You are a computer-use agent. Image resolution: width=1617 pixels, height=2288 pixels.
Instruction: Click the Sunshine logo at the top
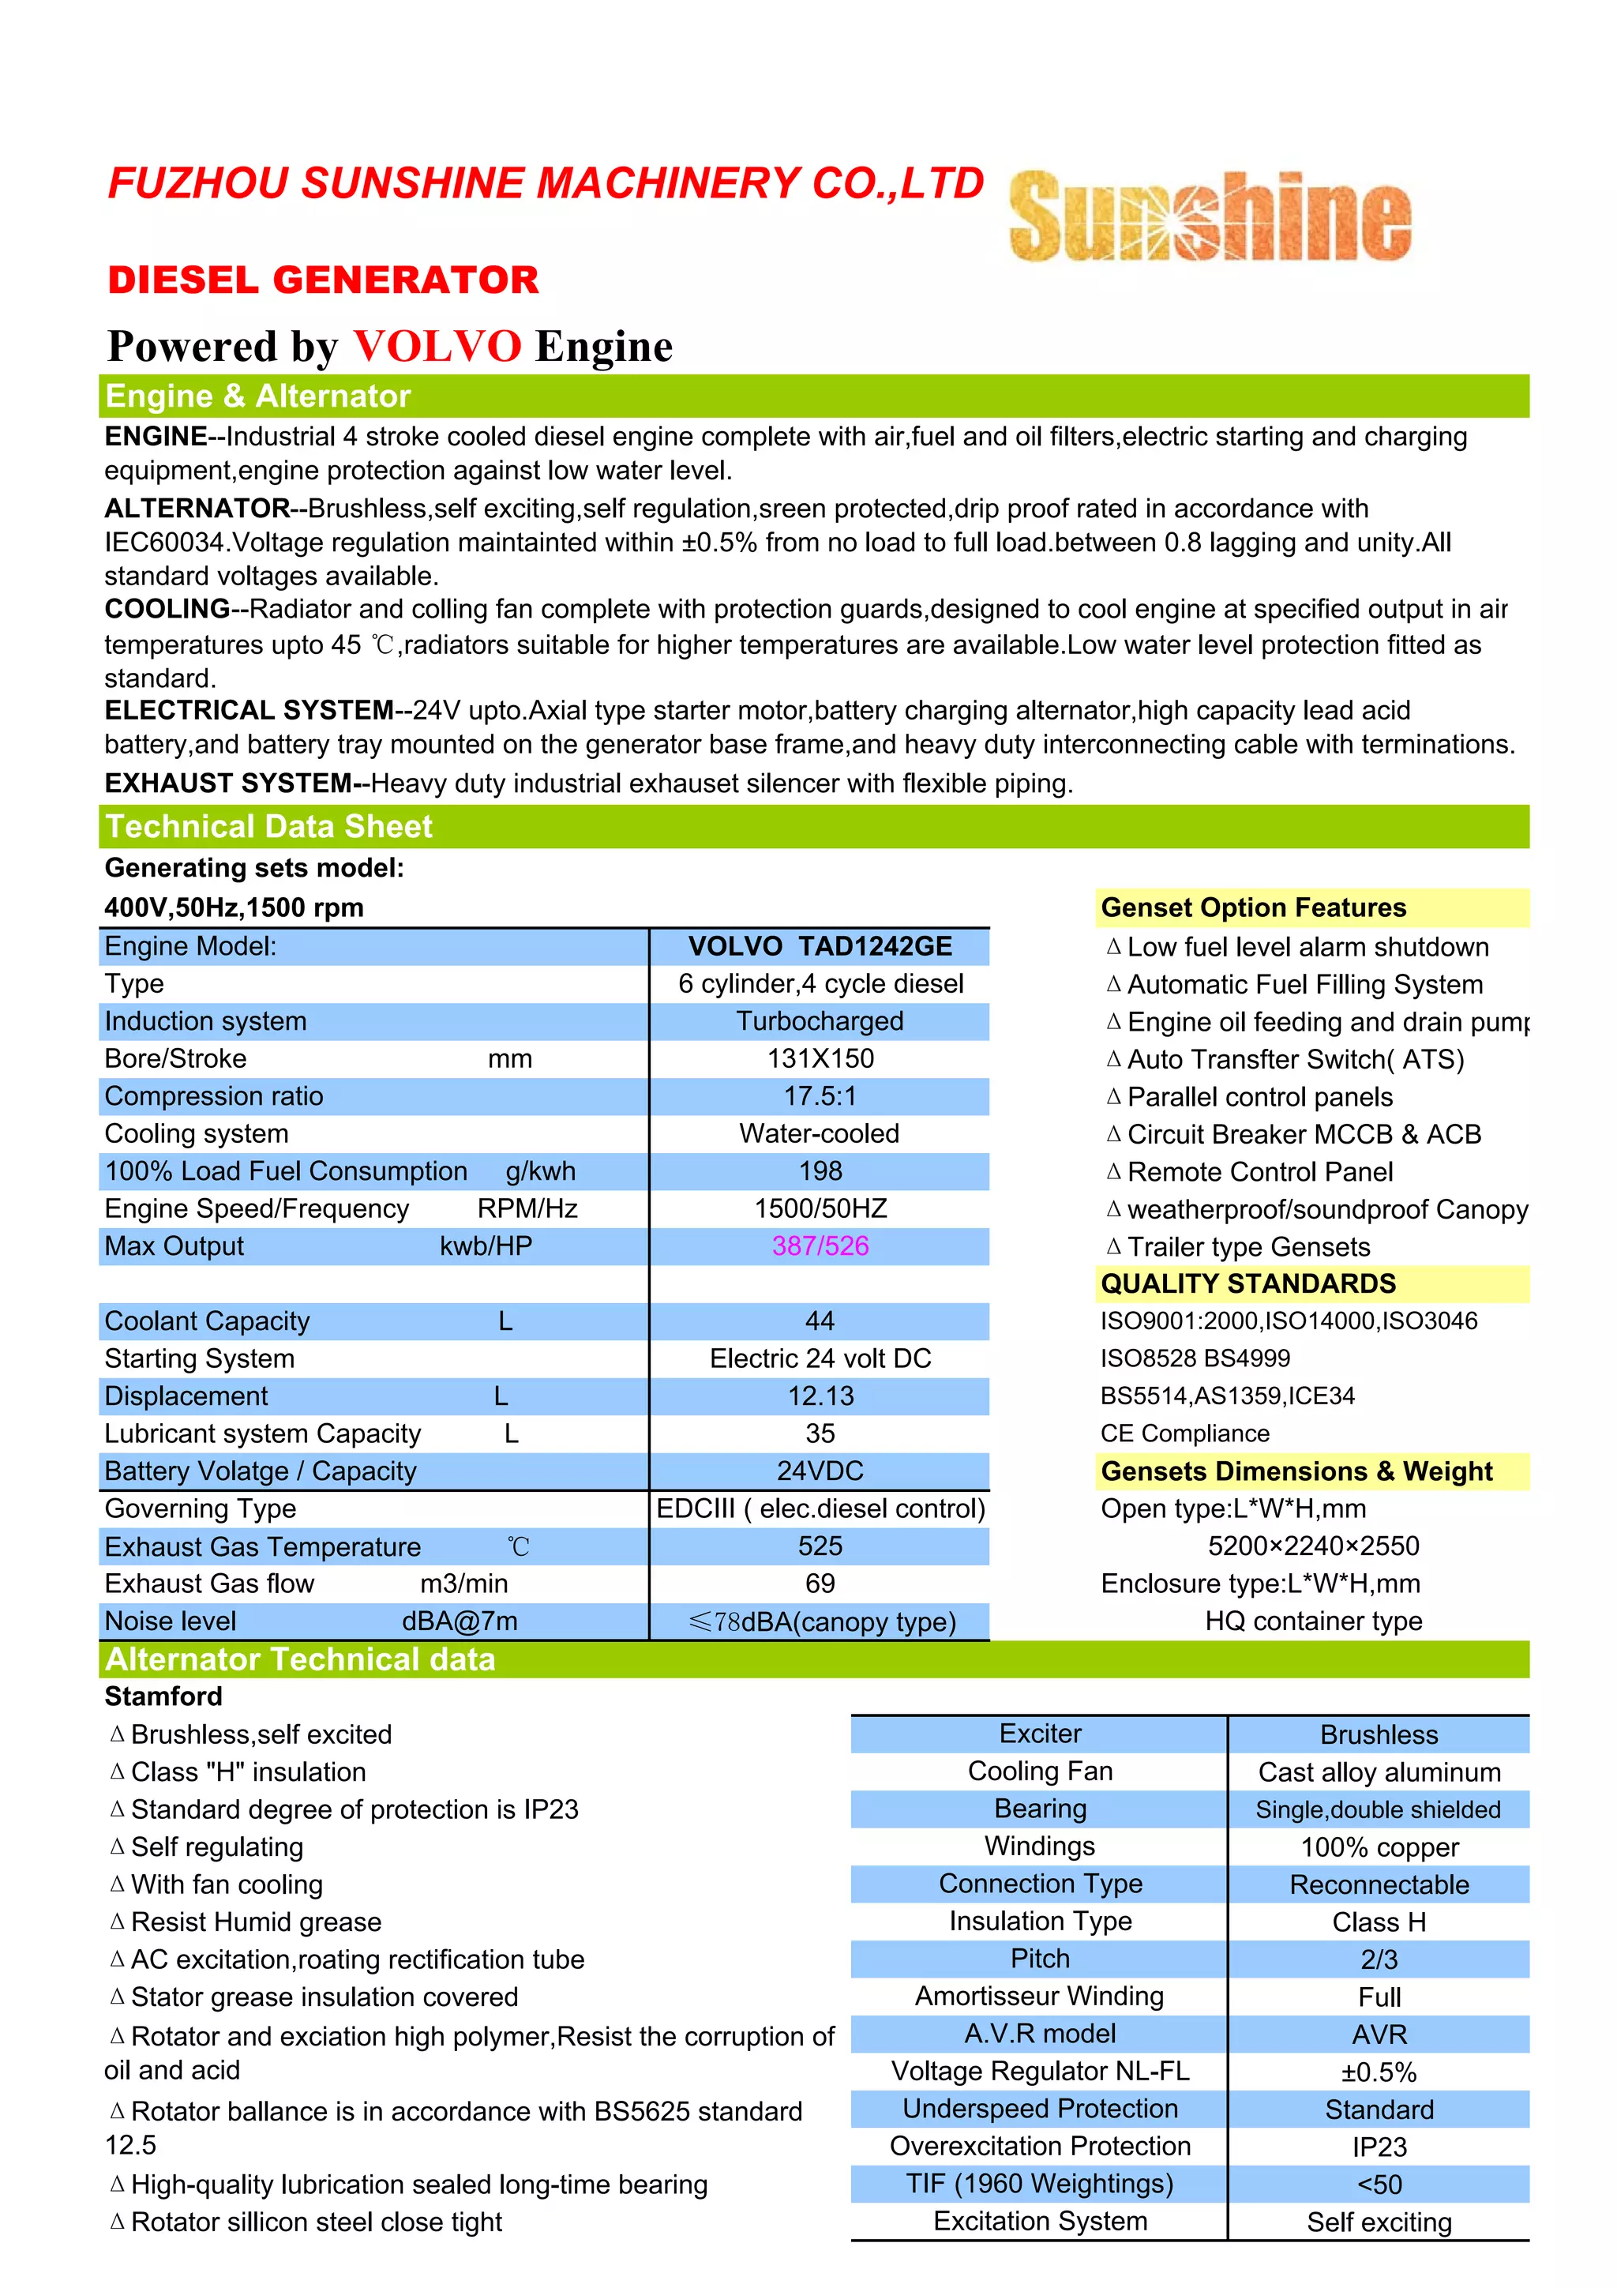pyautogui.click(x=1210, y=216)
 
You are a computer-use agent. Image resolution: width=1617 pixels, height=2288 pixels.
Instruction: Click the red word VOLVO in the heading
pyautogui.click(x=437, y=347)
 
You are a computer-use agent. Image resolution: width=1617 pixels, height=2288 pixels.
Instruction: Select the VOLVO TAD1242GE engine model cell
pyautogui.click(x=820, y=947)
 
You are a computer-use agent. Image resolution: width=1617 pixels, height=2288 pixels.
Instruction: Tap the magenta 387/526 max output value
pyautogui.click(x=820, y=1246)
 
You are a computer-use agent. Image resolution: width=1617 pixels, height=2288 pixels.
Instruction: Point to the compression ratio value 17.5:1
pyautogui.click(x=820, y=1096)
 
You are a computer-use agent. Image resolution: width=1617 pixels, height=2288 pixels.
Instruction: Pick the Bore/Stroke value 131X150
pyautogui.click(x=820, y=1058)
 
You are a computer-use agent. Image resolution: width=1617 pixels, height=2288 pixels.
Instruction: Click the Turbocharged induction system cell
pyautogui.click(x=820, y=1021)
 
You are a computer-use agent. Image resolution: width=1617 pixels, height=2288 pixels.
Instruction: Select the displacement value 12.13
pyautogui.click(x=820, y=1396)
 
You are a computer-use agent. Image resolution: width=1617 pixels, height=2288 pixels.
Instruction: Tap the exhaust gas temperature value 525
pyautogui.click(x=820, y=1546)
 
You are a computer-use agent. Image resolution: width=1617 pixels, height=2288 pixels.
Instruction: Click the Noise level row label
pyautogui.click(x=171, y=1621)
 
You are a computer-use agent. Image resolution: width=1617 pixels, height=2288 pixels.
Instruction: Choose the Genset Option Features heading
pyautogui.click(x=1253, y=907)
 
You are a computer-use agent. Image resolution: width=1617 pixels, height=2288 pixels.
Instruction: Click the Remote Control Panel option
pyautogui.click(x=1259, y=1172)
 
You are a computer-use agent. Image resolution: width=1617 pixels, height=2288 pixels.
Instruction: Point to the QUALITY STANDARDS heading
pyautogui.click(x=1247, y=1283)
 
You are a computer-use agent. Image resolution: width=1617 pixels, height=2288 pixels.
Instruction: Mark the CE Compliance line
pyautogui.click(x=1184, y=1434)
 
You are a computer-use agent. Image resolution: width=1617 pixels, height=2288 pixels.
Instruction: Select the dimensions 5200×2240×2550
pyautogui.click(x=1313, y=1546)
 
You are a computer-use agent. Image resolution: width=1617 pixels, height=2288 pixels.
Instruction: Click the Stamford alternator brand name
pyautogui.click(x=163, y=1696)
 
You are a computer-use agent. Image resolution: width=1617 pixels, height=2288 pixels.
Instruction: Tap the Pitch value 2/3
pyautogui.click(x=1379, y=1960)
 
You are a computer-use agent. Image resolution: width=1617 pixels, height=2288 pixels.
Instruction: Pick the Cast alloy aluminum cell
pyautogui.click(x=1379, y=1773)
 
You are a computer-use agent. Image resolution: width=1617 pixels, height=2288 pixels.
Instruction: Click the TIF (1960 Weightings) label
pyautogui.click(x=1039, y=2185)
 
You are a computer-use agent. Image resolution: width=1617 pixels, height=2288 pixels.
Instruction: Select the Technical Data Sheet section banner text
pyautogui.click(x=269, y=827)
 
